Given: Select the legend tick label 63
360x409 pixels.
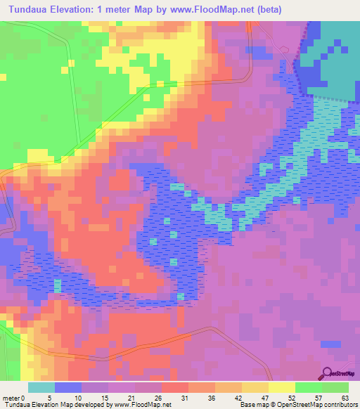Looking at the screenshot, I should point(345,397).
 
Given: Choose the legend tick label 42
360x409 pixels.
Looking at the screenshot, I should point(240,397).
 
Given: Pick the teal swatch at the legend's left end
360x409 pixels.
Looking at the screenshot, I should point(41,387).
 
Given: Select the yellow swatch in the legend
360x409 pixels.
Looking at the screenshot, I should point(281,387).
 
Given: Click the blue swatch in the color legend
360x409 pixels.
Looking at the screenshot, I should point(67,387).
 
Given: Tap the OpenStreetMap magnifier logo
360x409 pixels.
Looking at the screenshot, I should point(328,372).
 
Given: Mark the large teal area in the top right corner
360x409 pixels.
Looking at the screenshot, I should point(334,63).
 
